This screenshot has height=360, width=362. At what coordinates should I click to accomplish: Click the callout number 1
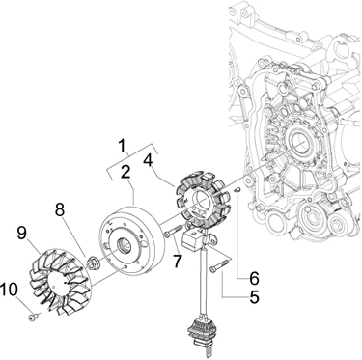[121, 146]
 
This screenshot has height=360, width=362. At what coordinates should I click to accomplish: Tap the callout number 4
[148, 160]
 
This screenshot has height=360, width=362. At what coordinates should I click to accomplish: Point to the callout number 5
[254, 296]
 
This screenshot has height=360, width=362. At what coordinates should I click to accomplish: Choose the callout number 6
[254, 278]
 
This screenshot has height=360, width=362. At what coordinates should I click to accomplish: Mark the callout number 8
[60, 209]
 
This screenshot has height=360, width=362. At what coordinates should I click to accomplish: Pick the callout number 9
[22, 233]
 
